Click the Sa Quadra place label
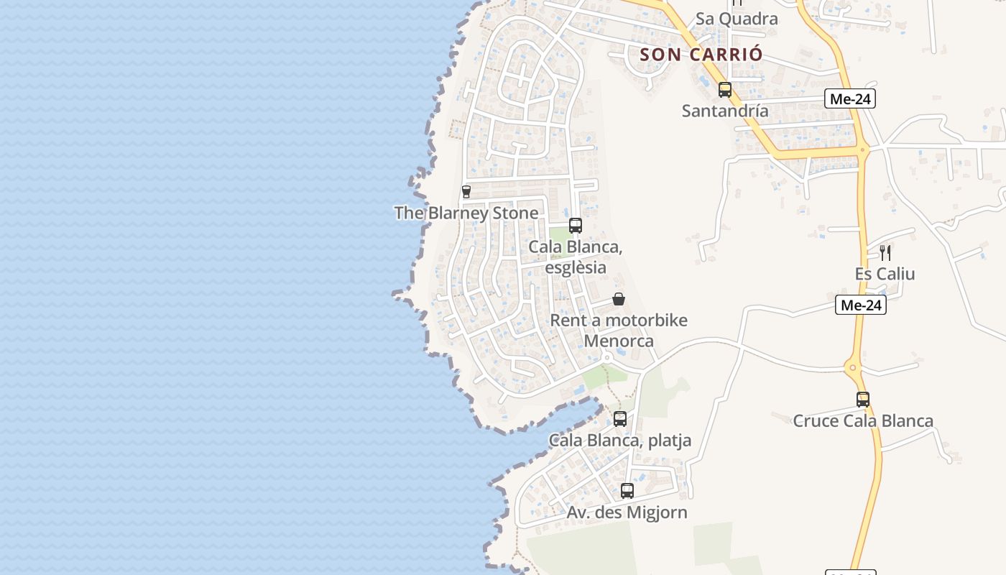click(737, 19)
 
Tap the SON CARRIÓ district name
click(701, 54)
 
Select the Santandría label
click(725, 111)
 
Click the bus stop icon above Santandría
click(725, 90)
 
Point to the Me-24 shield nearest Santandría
click(850, 99)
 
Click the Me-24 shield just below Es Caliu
click(861, 305)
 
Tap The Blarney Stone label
click(466, 213)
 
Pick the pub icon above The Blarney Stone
click(466, 192)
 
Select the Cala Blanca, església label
click(575, 257)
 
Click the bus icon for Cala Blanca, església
click(575, 226)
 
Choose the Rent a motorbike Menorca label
click(619, 330)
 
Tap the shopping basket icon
click(619, 299)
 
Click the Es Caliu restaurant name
click(885, 274)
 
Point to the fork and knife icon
click(885, 252)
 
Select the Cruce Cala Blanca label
click(863, 420)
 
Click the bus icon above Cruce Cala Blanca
click(863, 400)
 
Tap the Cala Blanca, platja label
click(620, 440)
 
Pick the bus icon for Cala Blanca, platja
click(620, 418)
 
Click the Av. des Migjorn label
click(627, 512)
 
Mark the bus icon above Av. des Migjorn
click(627, 491)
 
